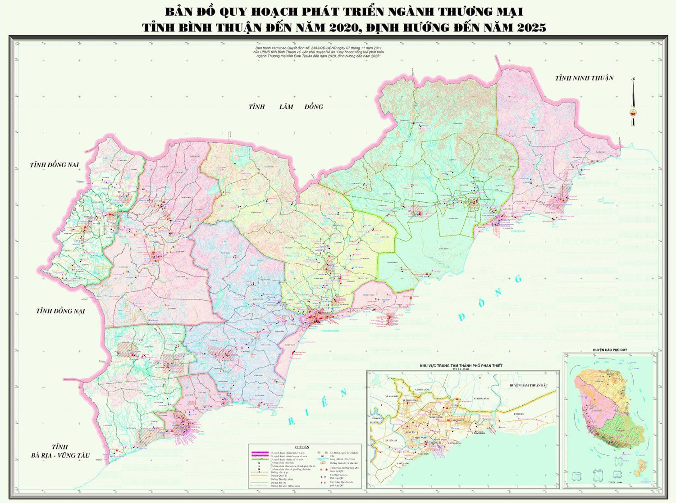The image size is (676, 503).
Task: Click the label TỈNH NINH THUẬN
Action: pos(584,78)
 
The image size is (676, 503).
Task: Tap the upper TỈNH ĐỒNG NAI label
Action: pos(54,165)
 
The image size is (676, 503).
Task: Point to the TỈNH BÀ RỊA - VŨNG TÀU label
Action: pos(60,451)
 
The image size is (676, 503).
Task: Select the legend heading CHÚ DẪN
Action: pos(301,447)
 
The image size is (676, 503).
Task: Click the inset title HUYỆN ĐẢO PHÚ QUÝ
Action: pos(610,350)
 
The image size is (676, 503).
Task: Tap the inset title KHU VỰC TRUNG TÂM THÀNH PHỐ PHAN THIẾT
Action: pos(461,366)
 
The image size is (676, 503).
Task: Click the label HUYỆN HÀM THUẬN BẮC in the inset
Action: pos(528,385)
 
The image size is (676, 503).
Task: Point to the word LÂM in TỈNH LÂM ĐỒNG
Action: pos(286,107)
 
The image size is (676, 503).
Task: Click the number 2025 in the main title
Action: pos(531,28)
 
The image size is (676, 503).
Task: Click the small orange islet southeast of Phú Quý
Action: pos(640,468)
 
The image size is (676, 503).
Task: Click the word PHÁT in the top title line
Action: pos(307,11)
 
